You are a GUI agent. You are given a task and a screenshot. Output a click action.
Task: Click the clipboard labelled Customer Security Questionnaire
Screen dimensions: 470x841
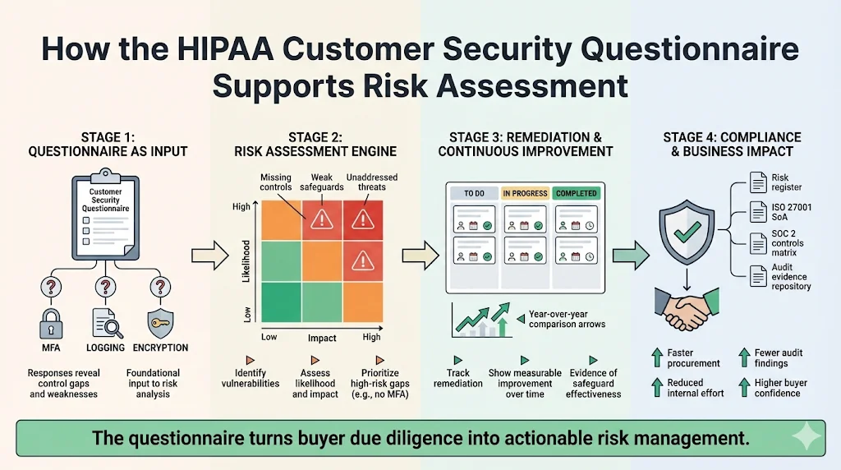coord(106,214)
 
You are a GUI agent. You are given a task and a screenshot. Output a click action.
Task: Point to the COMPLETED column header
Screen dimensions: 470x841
coord(576,193)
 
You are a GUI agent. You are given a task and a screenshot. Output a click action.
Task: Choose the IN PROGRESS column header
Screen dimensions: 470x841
coord(525,193)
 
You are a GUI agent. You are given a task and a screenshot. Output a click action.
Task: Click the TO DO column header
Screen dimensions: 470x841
coord(475,193)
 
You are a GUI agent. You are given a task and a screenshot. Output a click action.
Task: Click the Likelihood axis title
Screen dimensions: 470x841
coord(246,263)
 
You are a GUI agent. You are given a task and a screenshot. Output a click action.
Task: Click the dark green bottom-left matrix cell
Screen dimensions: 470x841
coord(281,302)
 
